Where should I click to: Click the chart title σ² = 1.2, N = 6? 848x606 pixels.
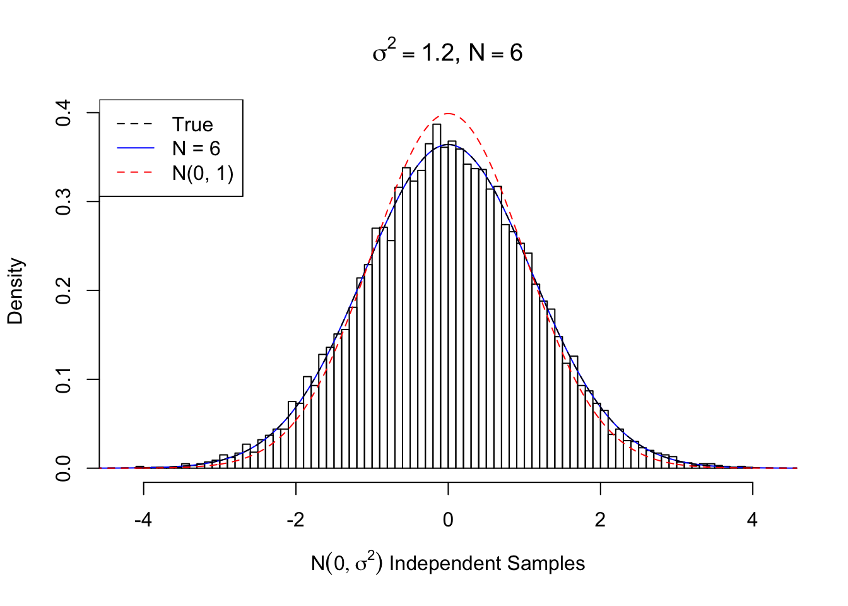(x=447, y=52)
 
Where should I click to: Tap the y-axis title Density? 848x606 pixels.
(x=15, y=291)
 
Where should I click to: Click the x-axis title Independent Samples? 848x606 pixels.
(x=448, y=563)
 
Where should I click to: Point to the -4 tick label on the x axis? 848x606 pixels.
(x=143, y=520)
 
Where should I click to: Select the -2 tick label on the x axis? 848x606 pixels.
(x=295, y=520)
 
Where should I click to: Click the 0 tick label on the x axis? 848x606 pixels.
(x=448, y=520)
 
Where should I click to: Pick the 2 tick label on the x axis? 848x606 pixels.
(x=600, y=520)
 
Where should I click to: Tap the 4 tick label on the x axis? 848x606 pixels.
(x=752, y=520)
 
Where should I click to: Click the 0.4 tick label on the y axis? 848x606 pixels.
(x=64, y=113)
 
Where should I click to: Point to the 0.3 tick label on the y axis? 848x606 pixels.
(x=64, y=201)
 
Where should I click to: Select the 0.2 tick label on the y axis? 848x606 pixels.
(x=64, y=290)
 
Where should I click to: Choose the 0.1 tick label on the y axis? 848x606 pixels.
(x=64, y=379)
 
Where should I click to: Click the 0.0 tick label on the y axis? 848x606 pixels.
(x=64, y=468)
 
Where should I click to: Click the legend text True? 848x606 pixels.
(x=192, y=124)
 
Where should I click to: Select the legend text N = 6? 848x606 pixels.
(x=196, y=148)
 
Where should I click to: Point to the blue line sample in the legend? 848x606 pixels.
(x=135, y=148)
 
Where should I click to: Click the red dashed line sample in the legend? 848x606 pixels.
(x=135, y=172)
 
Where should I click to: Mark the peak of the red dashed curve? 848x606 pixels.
(x=448, y=114)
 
